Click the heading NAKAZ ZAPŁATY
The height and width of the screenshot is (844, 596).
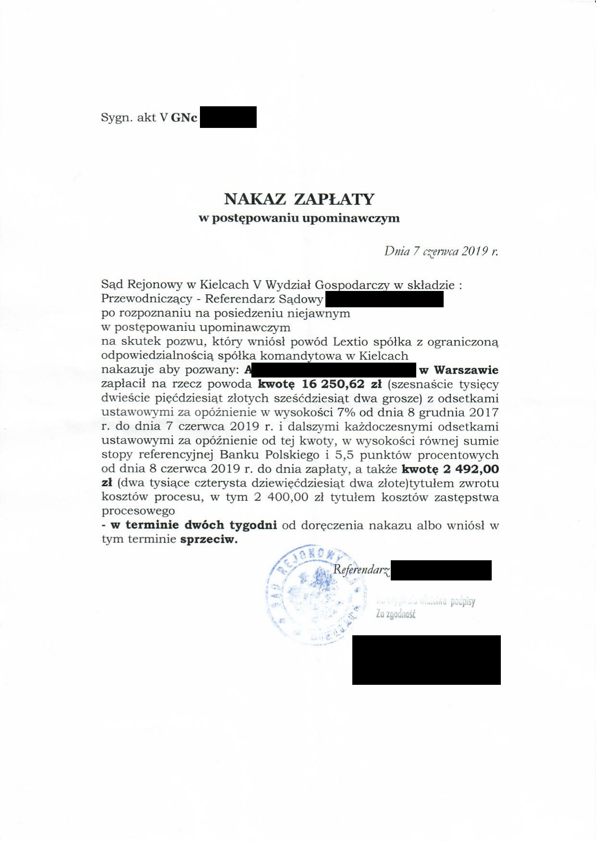[299, 199]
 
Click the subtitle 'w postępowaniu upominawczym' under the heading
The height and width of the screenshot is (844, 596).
[299, 218]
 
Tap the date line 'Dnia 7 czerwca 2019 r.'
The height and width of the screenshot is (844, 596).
[441, 251]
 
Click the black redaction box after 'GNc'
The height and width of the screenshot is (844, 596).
[228, 117]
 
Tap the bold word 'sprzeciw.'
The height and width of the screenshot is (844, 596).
[209, 539]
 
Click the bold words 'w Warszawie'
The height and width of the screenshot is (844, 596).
[459, 370]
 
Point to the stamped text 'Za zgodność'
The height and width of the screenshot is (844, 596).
[396, 614]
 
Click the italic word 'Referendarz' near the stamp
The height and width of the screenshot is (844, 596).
[360, 570]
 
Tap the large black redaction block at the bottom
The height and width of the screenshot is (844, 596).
[426, 659]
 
